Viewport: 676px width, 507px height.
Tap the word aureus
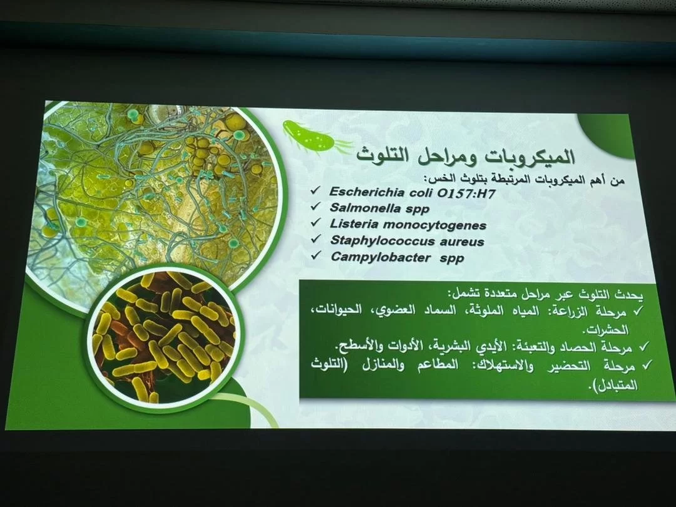coord(462,242)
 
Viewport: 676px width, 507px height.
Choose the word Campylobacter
coord(381,257)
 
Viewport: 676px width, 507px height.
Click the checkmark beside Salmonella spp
coord(316,207)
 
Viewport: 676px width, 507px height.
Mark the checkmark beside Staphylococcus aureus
coord(317,238)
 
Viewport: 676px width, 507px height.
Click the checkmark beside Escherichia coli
coord(316,190)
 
